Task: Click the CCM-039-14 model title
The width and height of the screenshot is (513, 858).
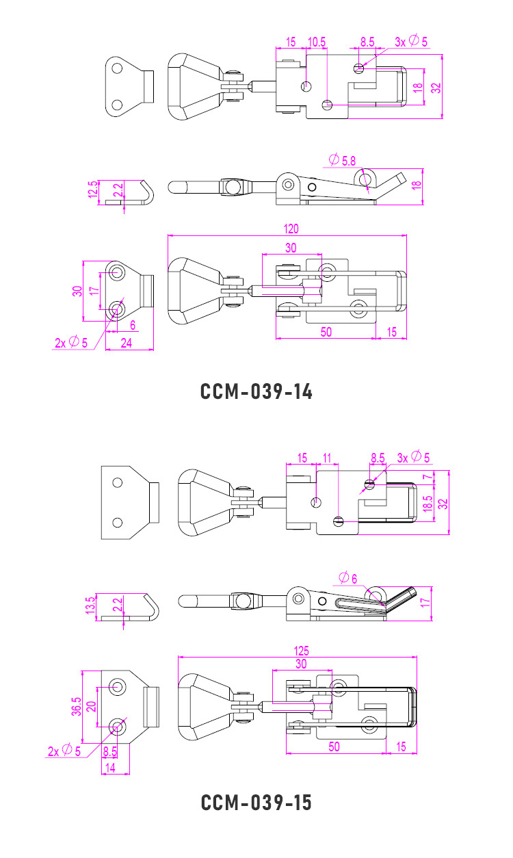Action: pyautogui.click(x=256, y=391)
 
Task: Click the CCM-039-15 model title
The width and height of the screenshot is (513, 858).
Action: pyautogui.click(x=256, y=802)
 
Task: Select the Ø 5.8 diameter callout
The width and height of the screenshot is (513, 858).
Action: pyautogui.click(x=342, y=161)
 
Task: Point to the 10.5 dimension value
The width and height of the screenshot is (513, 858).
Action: pyautogui.click(x=316, y=42)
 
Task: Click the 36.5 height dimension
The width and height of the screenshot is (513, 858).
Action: pyautogui.click(x=77, y=706)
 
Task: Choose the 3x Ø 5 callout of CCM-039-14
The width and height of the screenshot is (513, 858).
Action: pyautogui.click(x=411, y=42)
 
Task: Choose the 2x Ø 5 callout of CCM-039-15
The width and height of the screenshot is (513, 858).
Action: pyautogui.click(x=64, y=751)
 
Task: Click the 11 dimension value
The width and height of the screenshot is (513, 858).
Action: pyautogui.click(x=326, y=457)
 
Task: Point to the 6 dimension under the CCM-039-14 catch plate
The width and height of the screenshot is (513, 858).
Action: pyautogui.click(x=132, y=325)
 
